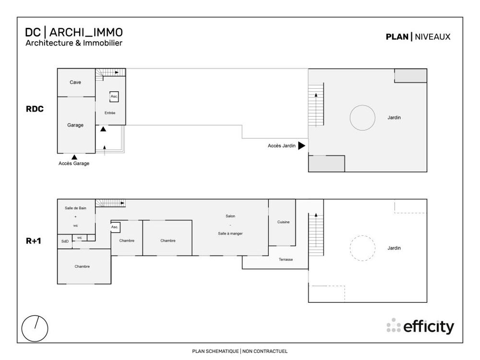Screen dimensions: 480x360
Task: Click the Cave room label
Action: coord(75,83)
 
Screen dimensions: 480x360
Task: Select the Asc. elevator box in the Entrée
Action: coord(114,96)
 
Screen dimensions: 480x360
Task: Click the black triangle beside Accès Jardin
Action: coord(302,146)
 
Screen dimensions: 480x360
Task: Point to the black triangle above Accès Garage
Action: coord(74,157)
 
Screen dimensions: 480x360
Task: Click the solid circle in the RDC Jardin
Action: coord(362,118)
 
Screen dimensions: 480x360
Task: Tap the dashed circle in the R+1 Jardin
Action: coord(362,248)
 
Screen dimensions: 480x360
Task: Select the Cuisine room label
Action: coord(284,222)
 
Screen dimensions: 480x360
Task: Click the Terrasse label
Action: coord(286,260)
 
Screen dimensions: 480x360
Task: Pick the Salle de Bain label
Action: coord(75,208)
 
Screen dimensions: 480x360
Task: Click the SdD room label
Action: coord(65,241)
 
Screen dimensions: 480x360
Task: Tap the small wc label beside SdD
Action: coord(80,238)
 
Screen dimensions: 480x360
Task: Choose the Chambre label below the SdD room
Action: coord(82,266)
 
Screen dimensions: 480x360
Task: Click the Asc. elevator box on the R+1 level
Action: coord(115,227)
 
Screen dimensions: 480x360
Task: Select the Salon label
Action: coord(230,216)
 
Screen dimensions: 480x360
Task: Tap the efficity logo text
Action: coord(428,326)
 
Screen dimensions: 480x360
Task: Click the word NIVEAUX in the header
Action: coord(432,37)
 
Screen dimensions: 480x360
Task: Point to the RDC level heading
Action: coord(35,109)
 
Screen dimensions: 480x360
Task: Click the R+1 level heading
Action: coord(34,241)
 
